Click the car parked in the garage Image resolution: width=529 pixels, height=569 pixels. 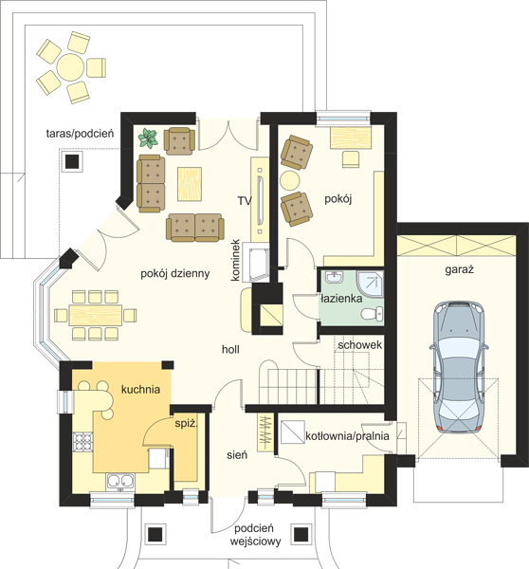tap(459, 367)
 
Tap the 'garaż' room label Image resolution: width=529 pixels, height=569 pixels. tap(460, 269)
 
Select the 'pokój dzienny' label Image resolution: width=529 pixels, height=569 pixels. tap(174, 274)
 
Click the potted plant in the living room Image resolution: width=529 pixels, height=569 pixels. tap(148, 138)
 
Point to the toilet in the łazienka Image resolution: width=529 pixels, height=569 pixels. tap(373, 314)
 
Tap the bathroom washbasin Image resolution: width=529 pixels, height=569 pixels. tap(333, 277)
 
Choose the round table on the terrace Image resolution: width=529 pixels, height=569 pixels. tap(71, 67)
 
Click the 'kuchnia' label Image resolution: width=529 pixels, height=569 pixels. tap(140, 390)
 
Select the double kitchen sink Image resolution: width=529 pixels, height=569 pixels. tap(120, 482)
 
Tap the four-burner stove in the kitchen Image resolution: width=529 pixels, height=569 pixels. tap(83, 442)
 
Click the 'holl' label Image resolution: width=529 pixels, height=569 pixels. tap(230, 349)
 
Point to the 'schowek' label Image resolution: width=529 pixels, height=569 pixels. tap(359, 345)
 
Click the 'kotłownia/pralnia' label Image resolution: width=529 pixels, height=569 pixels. tap(347, 436)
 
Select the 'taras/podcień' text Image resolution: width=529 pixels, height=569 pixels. tap(80, 134)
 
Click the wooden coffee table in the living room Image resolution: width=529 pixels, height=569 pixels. tap(190, 184)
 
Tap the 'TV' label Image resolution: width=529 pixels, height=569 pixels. tap(245, 201)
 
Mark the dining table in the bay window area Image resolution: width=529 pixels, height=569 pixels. tap(96, 315)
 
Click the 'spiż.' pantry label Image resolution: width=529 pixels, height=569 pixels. tap(186, 424)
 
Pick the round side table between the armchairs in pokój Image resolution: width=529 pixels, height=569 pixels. tap(290, 180)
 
